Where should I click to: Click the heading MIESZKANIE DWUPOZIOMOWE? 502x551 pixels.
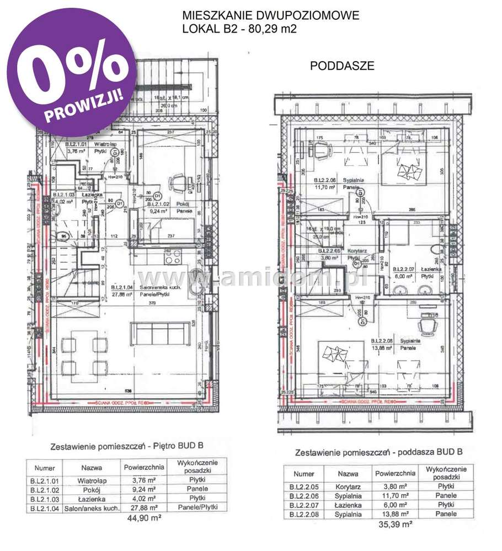click(x=270, y=15)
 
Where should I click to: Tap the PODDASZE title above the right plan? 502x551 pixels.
click(x=342, y=66)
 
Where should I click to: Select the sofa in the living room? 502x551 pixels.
click(x=156, y=334)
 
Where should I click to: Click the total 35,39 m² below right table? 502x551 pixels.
click(x=397, y=525)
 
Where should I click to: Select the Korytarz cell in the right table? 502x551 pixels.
click(x=348, y=486)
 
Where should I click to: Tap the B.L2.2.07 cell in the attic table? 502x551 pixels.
click(x=304, y=505)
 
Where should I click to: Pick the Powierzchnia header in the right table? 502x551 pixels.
click(x=394, y=473)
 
